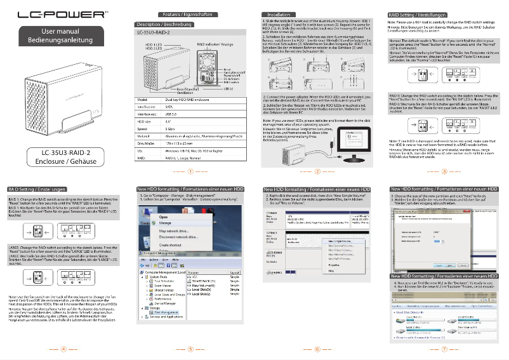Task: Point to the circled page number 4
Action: [x=64, y=349]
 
